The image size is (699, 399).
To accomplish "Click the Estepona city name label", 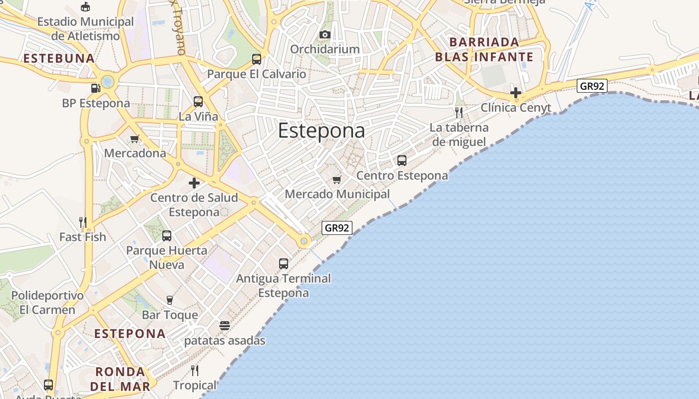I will [321, 131].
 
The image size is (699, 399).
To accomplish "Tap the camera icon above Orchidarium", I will [325, 34].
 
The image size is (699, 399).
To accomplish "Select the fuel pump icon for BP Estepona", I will [95, 88].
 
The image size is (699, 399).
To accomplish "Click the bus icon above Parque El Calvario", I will [257, 59].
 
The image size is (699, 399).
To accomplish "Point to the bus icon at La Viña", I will [198, 102].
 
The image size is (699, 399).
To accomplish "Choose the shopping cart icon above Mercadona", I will [134, 139].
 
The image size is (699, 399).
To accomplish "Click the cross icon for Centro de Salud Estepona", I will [194, 183].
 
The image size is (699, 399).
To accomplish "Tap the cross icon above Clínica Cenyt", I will [516, 93].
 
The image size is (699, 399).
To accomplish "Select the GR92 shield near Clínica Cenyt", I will [592, 86].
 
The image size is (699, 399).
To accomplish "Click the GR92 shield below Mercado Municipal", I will [337, 228].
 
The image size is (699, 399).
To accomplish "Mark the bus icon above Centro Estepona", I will [402, 161].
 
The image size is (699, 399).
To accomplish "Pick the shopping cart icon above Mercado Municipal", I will [337, 180].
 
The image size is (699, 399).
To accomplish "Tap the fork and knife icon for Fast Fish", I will [83, 222].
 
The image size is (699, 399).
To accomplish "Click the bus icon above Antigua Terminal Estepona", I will [284, 263].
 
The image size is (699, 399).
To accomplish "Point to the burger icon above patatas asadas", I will [225, 326].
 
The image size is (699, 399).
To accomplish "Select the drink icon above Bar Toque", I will [170, 300].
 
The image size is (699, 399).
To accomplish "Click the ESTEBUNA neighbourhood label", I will [59, 58].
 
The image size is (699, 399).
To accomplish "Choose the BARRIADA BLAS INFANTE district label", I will [484, 49].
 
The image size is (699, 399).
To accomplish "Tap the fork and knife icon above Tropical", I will [195, 371].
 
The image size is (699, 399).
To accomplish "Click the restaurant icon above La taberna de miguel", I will [459, 112].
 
